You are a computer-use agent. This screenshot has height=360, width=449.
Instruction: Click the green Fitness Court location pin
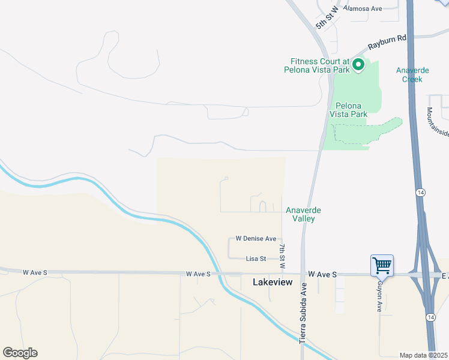point(358,64)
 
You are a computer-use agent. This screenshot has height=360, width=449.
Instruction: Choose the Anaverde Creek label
point(412,74)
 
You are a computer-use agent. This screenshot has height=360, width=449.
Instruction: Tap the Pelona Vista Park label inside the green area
point(348,110)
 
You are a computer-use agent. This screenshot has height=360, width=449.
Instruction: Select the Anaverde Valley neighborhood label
point(303,214)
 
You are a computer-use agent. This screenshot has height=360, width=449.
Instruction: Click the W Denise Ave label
point(256,238)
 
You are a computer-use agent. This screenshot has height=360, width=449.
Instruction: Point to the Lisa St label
point(256,259)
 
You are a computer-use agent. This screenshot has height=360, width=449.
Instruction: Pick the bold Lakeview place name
point(273,281)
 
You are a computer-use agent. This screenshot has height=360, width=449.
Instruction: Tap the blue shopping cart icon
point(382,264)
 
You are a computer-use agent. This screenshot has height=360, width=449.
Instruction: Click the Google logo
point(20,353)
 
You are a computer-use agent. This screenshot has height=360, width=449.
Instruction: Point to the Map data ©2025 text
point(423,355)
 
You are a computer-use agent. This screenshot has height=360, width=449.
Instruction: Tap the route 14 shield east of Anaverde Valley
point(421,192)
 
